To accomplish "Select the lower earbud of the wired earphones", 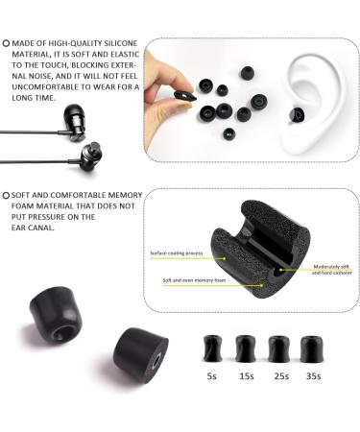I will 94,155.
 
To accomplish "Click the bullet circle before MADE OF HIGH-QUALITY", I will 7,43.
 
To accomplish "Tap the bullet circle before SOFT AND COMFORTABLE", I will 7,195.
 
